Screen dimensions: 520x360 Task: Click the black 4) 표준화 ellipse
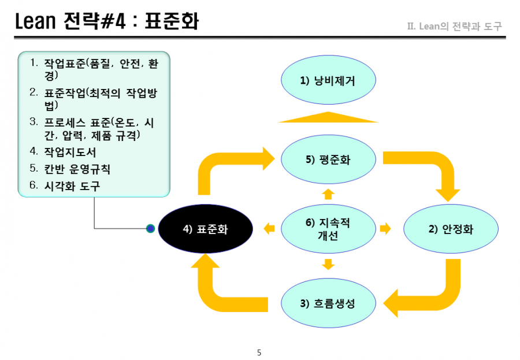click(205, 229)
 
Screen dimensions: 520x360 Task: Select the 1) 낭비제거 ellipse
click(328, 80)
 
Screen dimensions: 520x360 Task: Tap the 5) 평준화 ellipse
click(328, 159)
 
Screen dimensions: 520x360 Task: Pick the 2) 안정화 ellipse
click(451, 229)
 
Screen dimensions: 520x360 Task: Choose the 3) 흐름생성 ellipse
click(328, 303)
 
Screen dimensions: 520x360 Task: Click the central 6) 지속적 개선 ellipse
click(328, 229)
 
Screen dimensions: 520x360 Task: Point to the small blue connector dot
click(151, 228)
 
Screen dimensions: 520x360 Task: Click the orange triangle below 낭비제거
click(328, 118)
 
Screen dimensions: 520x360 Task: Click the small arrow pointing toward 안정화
click(385, 228)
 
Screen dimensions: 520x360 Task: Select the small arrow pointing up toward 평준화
click(328, 194)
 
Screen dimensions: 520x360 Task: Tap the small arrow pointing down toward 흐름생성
click(328, 265)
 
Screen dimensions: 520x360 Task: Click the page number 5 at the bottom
click(259, 352)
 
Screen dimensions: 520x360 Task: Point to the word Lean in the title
click(35, 21)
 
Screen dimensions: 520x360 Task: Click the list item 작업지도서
click(70, 153)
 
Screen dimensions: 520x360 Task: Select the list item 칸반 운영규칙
click(77, 169)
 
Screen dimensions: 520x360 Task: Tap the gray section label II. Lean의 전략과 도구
click(455, 26)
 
